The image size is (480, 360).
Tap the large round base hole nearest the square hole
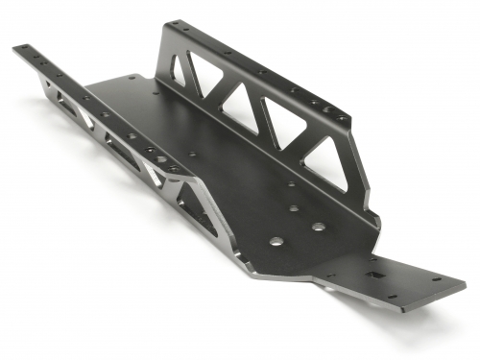click(318, 228)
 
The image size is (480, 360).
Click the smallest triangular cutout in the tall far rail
click(179, 71)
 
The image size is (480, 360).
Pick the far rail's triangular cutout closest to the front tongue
click(327, 163)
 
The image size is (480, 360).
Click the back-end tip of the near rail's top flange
click(17, 49)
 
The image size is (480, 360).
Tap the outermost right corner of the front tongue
click(466, 286)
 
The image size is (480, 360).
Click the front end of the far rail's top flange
click(348, 121)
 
